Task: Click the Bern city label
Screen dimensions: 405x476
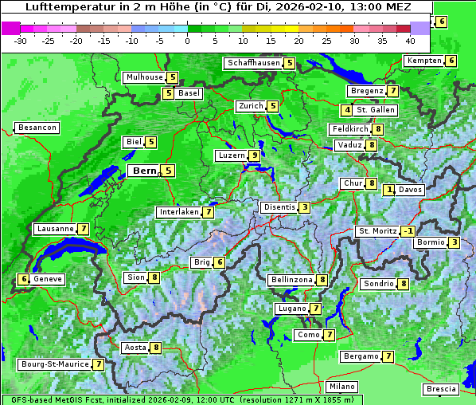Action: click(x=145, y=171)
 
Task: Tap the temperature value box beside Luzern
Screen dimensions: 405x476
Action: click(x=254, y=155)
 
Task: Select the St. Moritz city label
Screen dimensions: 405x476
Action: click(x=377, y=231)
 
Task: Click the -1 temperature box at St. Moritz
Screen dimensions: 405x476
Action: click(x=408, y=231)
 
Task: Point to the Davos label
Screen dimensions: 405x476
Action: click(x=410, y=190)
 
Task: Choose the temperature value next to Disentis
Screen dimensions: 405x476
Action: click(x=305, y=207)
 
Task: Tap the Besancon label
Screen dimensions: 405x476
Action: click(x=37, y=128)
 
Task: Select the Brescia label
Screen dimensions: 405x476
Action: click(x=441, y=389)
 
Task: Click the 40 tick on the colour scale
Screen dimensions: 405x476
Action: click(x=410, y=40)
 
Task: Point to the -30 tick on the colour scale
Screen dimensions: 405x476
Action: click(x=21, y=40)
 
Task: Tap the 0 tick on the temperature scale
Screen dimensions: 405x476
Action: click(x=188, y=40)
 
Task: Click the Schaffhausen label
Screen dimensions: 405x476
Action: click(x=252, y=63)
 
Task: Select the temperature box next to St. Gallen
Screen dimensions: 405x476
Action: click(x=347, y=110)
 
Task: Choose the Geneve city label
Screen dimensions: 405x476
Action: click(x=47, y=279)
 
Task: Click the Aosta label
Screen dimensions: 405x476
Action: click(x=135, y=348)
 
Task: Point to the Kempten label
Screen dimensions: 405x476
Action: click(x=423, y=61)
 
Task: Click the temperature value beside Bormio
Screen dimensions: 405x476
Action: click(x=454, y=242)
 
